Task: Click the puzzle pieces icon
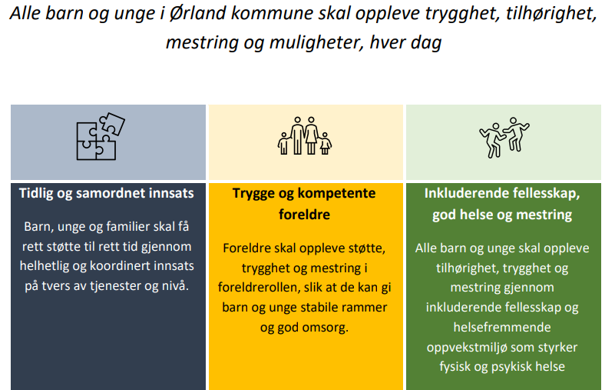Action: tap(101, 136)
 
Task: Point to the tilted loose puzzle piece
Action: tap(112, 123)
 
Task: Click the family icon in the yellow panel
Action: tap(304, 135)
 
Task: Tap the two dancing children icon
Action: tap(504, 137)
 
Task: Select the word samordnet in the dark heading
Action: tap(114, 193)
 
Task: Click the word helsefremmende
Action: tap(502, 327)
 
